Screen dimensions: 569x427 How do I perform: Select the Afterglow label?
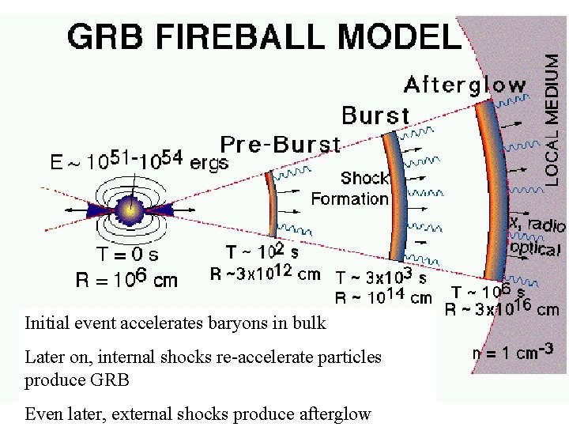point(465,85)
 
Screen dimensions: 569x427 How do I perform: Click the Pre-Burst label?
point(281,145)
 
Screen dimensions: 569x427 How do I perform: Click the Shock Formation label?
point(350,188)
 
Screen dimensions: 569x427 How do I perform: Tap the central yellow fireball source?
point(127,210)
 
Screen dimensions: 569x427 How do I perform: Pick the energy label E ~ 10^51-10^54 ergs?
point(139,162)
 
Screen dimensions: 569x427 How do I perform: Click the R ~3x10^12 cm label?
point(266,274)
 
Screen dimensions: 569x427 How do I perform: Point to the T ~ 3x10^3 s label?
point(382,278)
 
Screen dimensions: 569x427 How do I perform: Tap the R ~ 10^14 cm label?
point(384,297)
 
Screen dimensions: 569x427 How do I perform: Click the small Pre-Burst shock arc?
point(272,202)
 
